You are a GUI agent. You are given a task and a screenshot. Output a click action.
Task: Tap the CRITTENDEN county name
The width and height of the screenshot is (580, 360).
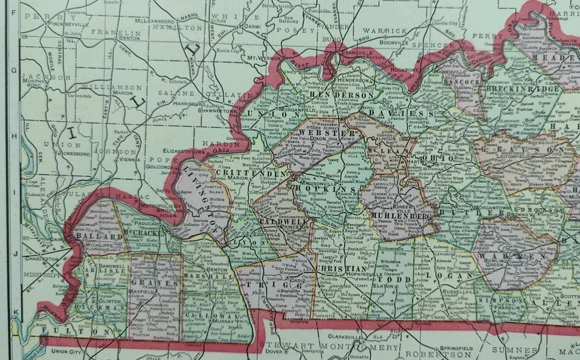pos(240,173)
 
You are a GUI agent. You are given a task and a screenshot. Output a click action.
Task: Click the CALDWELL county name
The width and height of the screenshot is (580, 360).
pos(279,223)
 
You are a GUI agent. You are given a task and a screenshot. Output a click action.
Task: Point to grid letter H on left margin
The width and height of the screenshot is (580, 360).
pos(14,136)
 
